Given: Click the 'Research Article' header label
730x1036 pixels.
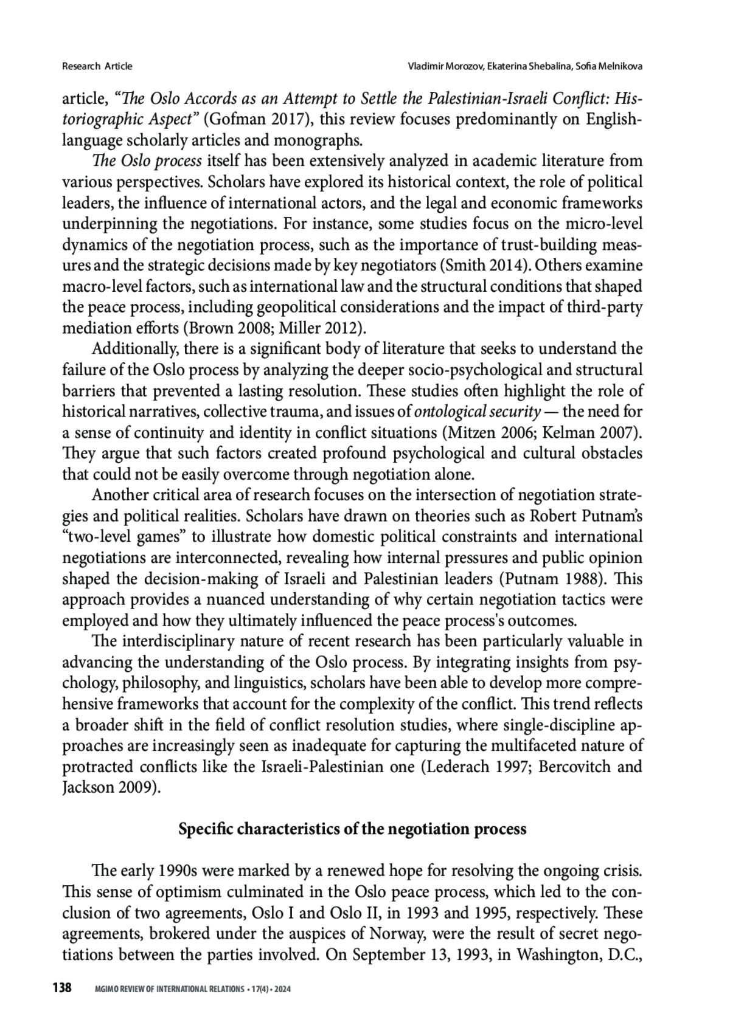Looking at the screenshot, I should point(97,66).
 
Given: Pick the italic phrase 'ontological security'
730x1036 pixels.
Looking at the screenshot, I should point(477,412).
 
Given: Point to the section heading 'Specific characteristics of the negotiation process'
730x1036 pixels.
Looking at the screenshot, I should point(352,829).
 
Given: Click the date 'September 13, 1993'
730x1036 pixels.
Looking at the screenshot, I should point(422,955).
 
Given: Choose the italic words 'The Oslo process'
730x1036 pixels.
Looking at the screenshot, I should point(148,161).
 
